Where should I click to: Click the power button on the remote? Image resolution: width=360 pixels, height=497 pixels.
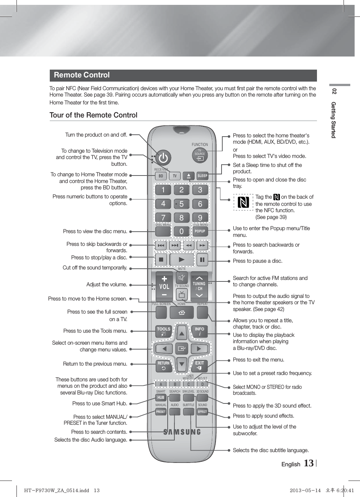163,158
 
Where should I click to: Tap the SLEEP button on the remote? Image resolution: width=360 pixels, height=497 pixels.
202,176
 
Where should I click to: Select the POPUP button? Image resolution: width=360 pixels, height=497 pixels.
200,231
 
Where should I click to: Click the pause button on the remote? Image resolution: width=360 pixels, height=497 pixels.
202,259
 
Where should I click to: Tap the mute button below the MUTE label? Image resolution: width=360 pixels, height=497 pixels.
182,278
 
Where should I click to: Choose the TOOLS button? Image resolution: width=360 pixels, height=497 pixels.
164,331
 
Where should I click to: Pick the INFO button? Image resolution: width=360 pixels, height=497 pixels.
200,331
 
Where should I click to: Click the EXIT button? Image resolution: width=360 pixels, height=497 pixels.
200,365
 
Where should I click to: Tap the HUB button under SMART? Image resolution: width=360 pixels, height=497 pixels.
161,397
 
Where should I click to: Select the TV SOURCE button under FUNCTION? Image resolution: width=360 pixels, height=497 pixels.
200,155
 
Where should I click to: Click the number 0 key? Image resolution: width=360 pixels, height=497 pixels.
181,231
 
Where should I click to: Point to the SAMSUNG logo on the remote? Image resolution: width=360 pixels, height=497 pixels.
182,432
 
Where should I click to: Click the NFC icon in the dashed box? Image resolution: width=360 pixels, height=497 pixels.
243,202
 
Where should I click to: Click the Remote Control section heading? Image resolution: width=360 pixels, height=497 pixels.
82,75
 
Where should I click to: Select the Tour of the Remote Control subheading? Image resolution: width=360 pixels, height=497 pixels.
94,115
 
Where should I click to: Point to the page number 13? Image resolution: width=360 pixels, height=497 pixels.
308,463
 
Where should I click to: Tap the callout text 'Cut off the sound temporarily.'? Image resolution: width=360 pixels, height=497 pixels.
95,268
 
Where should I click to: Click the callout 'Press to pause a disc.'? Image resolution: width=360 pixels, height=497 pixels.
257,261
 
